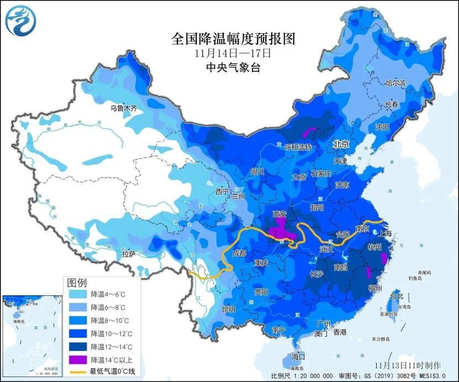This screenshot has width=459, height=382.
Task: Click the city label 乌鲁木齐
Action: pyautogui.click(x=123, y=108)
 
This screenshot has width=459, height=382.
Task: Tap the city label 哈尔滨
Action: pyautogui.click(x=395, y=83)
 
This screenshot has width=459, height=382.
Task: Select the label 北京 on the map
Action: pyautogui.click(x=341, y=144)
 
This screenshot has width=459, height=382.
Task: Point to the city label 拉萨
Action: pyautogui.click(x=129, y=254)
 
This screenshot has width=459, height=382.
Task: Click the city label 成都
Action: pyautogui.click(x=239, y=253)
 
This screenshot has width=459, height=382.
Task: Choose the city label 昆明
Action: pyautogui.click(x=228, y=309)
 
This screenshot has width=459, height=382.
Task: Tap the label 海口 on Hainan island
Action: pyautogui.click(x=298, y=357)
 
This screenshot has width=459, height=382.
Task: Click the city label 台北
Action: pyautogui.click(x=397, y=296)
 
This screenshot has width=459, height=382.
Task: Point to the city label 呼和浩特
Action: pyautogui.click(x=298, y=147)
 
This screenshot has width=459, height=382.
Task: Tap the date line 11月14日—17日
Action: pyautogui.click(x=233, y=54)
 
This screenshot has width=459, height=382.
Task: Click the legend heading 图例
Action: pyautogui.click(x=77, y=283)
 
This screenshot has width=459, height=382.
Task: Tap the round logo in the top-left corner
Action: pyautogui.click(x=20, y=19)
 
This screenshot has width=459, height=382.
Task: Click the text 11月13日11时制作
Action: pyautogui.click(x=407, y=365)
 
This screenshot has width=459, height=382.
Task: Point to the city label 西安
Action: pyautogui.click(x=280, y=214)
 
